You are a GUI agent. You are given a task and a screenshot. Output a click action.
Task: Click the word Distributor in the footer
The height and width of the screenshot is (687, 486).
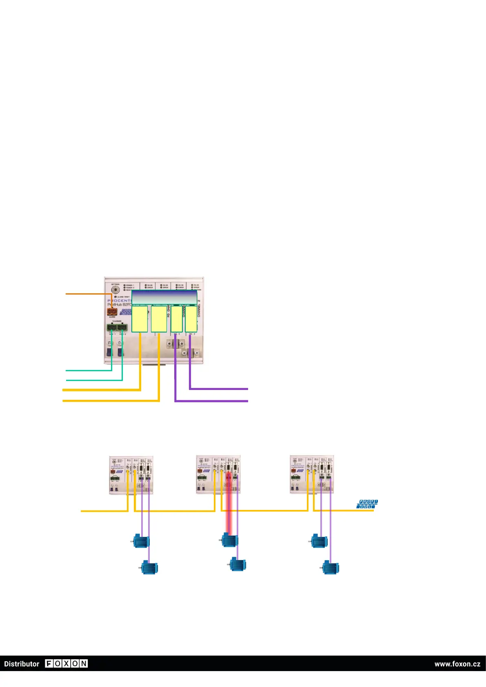22,664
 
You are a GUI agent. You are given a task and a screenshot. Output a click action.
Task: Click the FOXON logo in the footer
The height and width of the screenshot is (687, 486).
66,663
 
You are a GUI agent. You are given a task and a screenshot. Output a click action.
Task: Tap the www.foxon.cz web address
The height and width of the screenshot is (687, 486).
457,664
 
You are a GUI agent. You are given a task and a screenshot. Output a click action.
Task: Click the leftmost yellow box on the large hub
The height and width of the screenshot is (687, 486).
140,319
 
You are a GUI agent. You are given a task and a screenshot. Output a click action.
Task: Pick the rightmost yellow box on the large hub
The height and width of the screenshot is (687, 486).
191,319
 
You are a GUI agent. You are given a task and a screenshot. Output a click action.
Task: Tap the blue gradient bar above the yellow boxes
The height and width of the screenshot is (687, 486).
164,297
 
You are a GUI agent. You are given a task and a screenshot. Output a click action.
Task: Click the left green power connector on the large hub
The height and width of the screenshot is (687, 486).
112,327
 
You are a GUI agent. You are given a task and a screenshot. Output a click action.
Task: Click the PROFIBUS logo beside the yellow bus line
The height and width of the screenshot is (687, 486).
367,504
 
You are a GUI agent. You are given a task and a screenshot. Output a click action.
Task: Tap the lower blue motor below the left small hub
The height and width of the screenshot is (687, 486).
149,567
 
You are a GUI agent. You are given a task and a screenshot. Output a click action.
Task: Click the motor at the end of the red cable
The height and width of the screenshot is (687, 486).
230,540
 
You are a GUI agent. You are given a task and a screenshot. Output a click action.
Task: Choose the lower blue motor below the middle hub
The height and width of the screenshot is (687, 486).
237,565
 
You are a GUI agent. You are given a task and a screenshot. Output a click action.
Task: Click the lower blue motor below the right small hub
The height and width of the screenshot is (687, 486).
331,567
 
